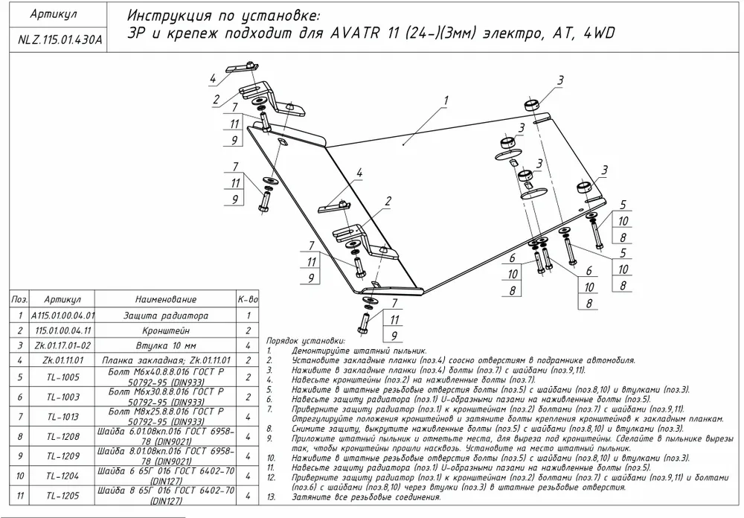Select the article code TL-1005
[x=63, y=377]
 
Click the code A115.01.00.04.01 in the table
[x=63, y=316]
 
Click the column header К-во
[x=248, y=298]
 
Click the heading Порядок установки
[x=301, y=340]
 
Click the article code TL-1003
[x=63, y=397]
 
